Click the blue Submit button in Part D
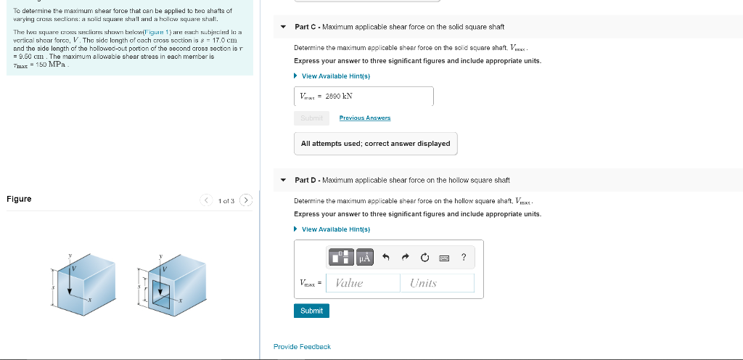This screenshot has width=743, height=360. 311,311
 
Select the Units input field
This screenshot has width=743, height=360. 436,283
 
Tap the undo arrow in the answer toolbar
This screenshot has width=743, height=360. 387,257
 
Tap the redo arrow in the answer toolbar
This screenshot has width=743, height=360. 406,257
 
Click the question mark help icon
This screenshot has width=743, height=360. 464,257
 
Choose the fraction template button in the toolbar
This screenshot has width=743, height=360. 340,257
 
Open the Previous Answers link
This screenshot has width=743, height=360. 364,118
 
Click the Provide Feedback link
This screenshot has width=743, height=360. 302,347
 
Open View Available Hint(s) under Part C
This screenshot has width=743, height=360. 335,76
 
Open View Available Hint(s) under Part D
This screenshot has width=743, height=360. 335,229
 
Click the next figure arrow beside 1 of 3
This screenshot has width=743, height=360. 246,200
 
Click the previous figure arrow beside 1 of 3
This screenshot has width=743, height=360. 207,200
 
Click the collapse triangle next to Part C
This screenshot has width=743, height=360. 284,28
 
